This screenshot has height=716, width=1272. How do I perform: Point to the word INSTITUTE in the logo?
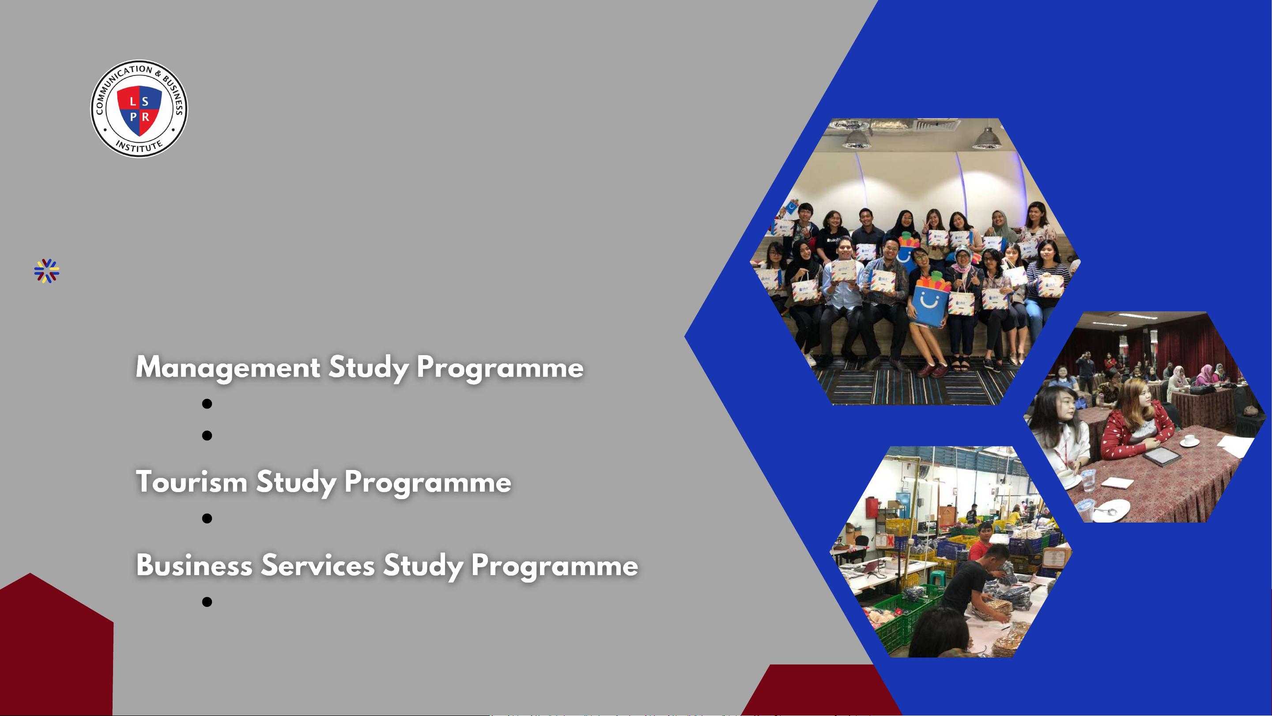point(139,146)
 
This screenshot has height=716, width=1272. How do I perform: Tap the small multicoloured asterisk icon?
point(47,271)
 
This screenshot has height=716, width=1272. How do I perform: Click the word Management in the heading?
point(228,368)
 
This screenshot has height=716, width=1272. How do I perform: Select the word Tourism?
point(192,481)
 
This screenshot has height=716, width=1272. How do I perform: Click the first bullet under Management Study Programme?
point(207,404)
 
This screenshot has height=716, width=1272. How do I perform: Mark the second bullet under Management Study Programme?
point(207,436)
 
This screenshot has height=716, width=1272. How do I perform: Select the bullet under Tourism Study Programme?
point(207,519)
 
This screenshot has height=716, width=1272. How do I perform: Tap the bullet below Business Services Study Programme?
point(207,601)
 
